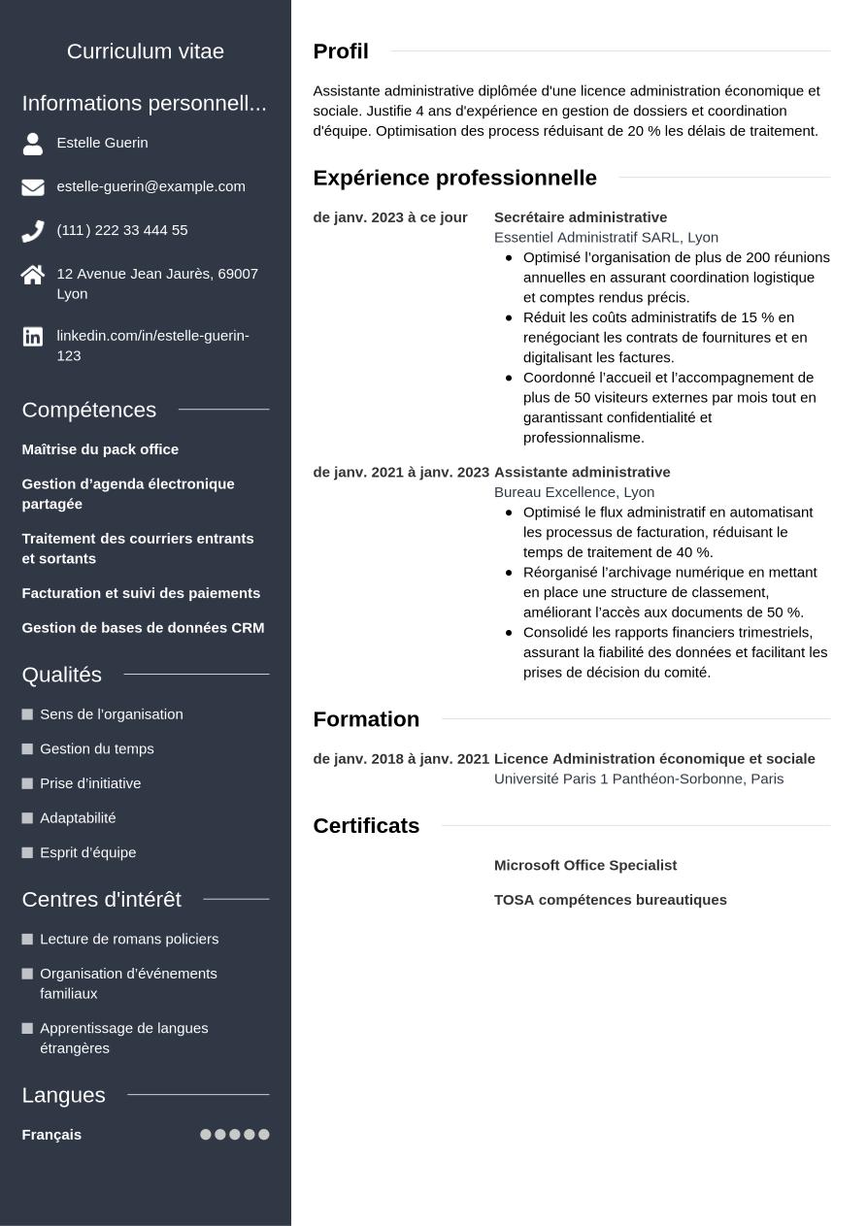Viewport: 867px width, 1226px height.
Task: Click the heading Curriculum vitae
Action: [x=146, y=51]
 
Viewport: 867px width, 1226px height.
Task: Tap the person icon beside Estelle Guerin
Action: [x=33, y=144]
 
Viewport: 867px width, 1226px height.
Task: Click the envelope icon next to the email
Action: [x=33, y=187]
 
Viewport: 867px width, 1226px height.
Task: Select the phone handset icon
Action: [x=33, y=231]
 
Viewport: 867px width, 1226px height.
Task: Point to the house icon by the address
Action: [x=33, y=276]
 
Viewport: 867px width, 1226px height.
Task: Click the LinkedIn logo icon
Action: [x=33, y=337]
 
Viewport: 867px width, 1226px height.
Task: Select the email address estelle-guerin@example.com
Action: [x=150, y=186]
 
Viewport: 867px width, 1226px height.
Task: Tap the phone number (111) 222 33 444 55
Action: [x=122, y=230]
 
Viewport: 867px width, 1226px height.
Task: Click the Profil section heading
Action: [x=341, y=51]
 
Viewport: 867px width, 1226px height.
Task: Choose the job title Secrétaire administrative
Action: [x=581, y=217]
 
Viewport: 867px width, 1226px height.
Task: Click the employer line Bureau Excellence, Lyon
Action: [x=574, y=492]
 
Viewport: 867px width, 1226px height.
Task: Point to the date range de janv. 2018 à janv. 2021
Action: [x=401, y=759]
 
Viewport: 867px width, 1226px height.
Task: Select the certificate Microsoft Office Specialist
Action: [x=585, y=866]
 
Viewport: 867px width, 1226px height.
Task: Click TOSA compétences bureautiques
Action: [x=611, y=900]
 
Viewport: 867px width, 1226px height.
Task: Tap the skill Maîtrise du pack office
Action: [x=100, y=449]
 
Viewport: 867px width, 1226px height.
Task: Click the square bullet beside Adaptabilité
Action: [x=27, y=818]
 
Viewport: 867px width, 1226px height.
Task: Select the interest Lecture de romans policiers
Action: [x=129, y=939]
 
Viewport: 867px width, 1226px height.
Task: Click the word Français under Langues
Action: [x=51, y=1135]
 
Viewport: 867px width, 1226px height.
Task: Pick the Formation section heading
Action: [x=366, y=719]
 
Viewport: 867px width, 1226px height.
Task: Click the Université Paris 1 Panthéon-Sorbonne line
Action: [x=639, y=779]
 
